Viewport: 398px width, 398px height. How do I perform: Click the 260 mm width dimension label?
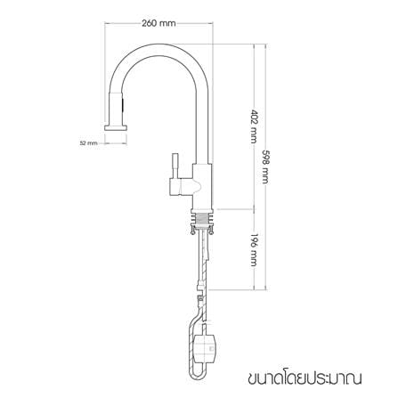[158, 23]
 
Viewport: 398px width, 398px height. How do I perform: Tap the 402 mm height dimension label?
[254, 126]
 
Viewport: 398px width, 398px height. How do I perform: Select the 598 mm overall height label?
[265, 167]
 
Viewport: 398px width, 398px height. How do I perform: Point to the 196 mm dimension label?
[254, 249]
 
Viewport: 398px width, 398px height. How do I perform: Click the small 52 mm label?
[88, 143]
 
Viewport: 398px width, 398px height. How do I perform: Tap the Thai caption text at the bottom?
[305, 378]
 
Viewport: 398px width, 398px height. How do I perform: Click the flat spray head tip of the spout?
[116, 127]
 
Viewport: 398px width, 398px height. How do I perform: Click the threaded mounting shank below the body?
[202, 219]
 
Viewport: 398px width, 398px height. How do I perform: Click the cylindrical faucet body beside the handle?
[202, 186]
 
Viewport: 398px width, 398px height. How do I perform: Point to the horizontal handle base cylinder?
[181, 187]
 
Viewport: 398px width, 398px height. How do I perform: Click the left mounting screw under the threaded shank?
[192, 230]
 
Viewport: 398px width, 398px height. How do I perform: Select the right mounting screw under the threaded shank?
[211, 230]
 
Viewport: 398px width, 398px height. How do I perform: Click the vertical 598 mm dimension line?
[265, 167]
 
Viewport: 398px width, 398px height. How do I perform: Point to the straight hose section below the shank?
[203, 256]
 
